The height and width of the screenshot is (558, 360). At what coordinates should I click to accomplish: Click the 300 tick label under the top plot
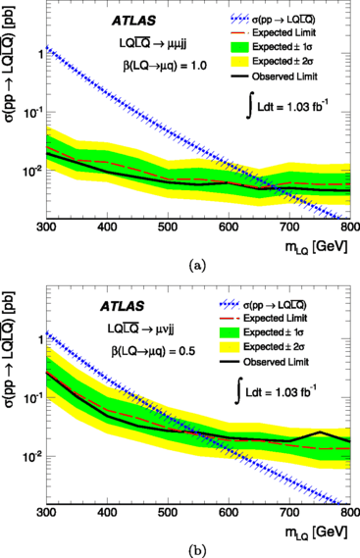pyautogui.click(x=42, y=228)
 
